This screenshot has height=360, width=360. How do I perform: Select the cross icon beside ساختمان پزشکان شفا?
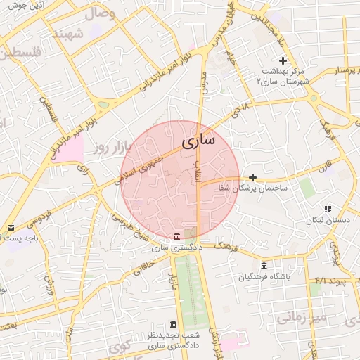click(253, 178)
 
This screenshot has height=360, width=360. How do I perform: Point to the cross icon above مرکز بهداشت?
click(283, 61)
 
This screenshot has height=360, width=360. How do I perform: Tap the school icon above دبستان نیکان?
click(328, 209)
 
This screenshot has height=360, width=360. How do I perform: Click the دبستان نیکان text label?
click(328, 221)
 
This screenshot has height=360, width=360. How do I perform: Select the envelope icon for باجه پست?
click(11, 228)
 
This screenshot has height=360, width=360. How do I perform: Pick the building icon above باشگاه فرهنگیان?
click(264, 266)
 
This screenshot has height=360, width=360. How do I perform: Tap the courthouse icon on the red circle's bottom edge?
click(176, 236)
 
